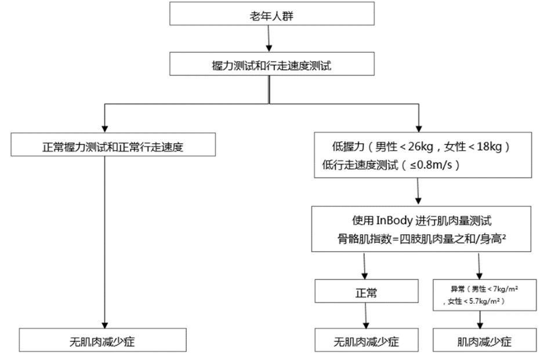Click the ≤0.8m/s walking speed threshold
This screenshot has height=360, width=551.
click(x=430, y=164)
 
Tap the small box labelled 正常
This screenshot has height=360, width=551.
click(x=366, y=293)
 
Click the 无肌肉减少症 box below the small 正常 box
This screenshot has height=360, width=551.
click(x=366, y=341)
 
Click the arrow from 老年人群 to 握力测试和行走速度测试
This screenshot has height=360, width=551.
click(x=269, y=39)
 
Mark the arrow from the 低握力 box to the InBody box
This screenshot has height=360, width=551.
click(x=418, y=192)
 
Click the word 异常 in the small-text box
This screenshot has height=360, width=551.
click(x=458, y=288)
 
